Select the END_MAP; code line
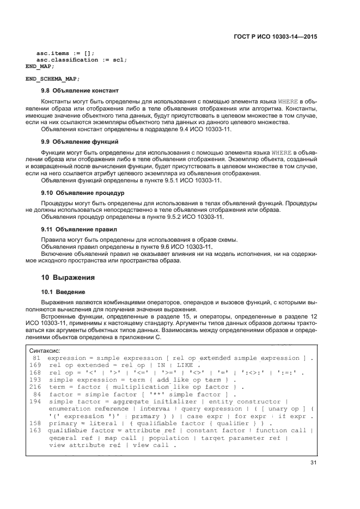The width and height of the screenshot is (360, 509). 36,66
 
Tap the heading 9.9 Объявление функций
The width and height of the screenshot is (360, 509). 80,142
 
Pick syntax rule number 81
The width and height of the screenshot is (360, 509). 36,358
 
